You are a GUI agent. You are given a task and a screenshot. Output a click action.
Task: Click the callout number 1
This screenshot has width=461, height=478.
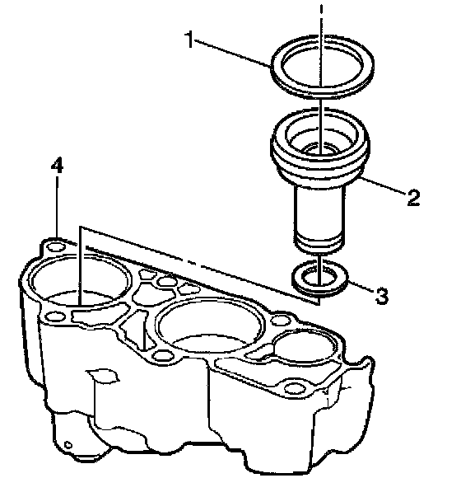[189, 40]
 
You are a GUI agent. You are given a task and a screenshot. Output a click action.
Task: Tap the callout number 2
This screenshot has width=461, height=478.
[413, 197]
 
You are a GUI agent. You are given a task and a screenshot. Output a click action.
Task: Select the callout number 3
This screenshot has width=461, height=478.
[381, 296]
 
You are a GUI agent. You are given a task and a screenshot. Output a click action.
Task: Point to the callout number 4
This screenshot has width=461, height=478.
[57, 165]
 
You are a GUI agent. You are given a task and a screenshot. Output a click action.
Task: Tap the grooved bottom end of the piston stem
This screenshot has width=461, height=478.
[319, 243]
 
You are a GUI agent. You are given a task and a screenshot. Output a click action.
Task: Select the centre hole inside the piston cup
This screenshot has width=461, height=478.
[319, 149]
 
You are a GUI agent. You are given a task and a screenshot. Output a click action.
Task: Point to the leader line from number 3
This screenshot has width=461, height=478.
[361, 287]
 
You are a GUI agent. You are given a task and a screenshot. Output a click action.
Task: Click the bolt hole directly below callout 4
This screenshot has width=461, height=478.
[56, 246]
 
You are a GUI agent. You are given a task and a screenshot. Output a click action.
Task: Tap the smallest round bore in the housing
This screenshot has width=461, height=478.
[305, 344]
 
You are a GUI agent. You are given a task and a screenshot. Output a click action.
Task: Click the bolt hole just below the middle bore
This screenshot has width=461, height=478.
[163, 355]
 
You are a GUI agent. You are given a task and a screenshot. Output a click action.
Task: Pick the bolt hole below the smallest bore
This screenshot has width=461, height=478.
[295, 388]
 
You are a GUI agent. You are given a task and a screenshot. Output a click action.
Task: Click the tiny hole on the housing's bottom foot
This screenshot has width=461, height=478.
[68, 445]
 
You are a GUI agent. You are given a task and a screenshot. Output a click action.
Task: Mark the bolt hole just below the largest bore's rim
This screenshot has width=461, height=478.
[55, 316]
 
